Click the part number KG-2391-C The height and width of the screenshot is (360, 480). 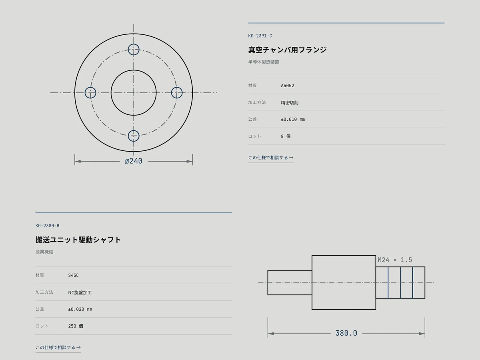click(x=260, y=36)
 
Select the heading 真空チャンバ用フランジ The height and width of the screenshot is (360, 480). click(x=287, y=50)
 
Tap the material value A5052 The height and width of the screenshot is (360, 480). click(x=288, y=86)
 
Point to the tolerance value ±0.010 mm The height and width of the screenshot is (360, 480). click(x=293, y=119)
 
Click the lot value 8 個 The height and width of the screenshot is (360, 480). click(x=286, y=136)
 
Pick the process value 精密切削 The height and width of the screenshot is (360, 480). click(x=290, y=102)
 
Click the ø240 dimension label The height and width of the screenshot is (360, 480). click(x=134, y=161)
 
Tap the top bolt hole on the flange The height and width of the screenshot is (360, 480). click(x=134, y=44)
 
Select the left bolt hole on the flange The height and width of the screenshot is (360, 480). click(x=85, y=93)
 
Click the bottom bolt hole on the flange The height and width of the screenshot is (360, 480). click(x=134, y=142)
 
